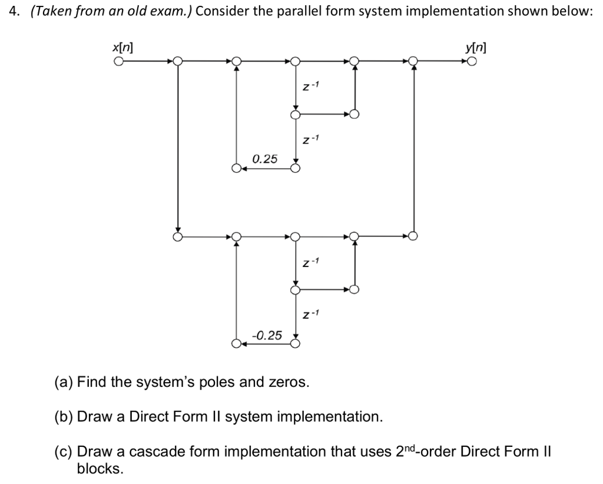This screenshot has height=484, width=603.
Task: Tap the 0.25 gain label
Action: pyautogui.click(x=265, y=159)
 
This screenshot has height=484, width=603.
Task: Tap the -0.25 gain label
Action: pyautogui.click(x=267, y=335)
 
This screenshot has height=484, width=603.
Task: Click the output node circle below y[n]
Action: pyautogui.click(x=472, y=61)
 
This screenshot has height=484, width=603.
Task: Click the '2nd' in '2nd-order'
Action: pyautogui.click(x=407, y=452)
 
